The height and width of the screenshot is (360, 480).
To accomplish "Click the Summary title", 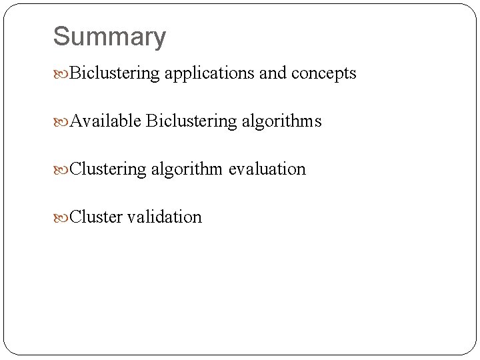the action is coord(109,37).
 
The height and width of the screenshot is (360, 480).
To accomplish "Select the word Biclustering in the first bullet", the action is coord(114,73).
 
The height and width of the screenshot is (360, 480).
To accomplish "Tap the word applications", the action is coord(208,73).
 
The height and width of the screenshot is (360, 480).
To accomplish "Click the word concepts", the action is coord(323,74).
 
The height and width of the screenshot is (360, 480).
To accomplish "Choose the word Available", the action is coord(105,121).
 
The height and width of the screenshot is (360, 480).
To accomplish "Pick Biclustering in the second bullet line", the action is coord(191,122).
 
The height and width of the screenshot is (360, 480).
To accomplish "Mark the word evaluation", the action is coord(267,169).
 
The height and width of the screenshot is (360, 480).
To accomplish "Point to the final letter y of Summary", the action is coord(159,39).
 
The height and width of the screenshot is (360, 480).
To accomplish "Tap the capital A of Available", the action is coord(76,121).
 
